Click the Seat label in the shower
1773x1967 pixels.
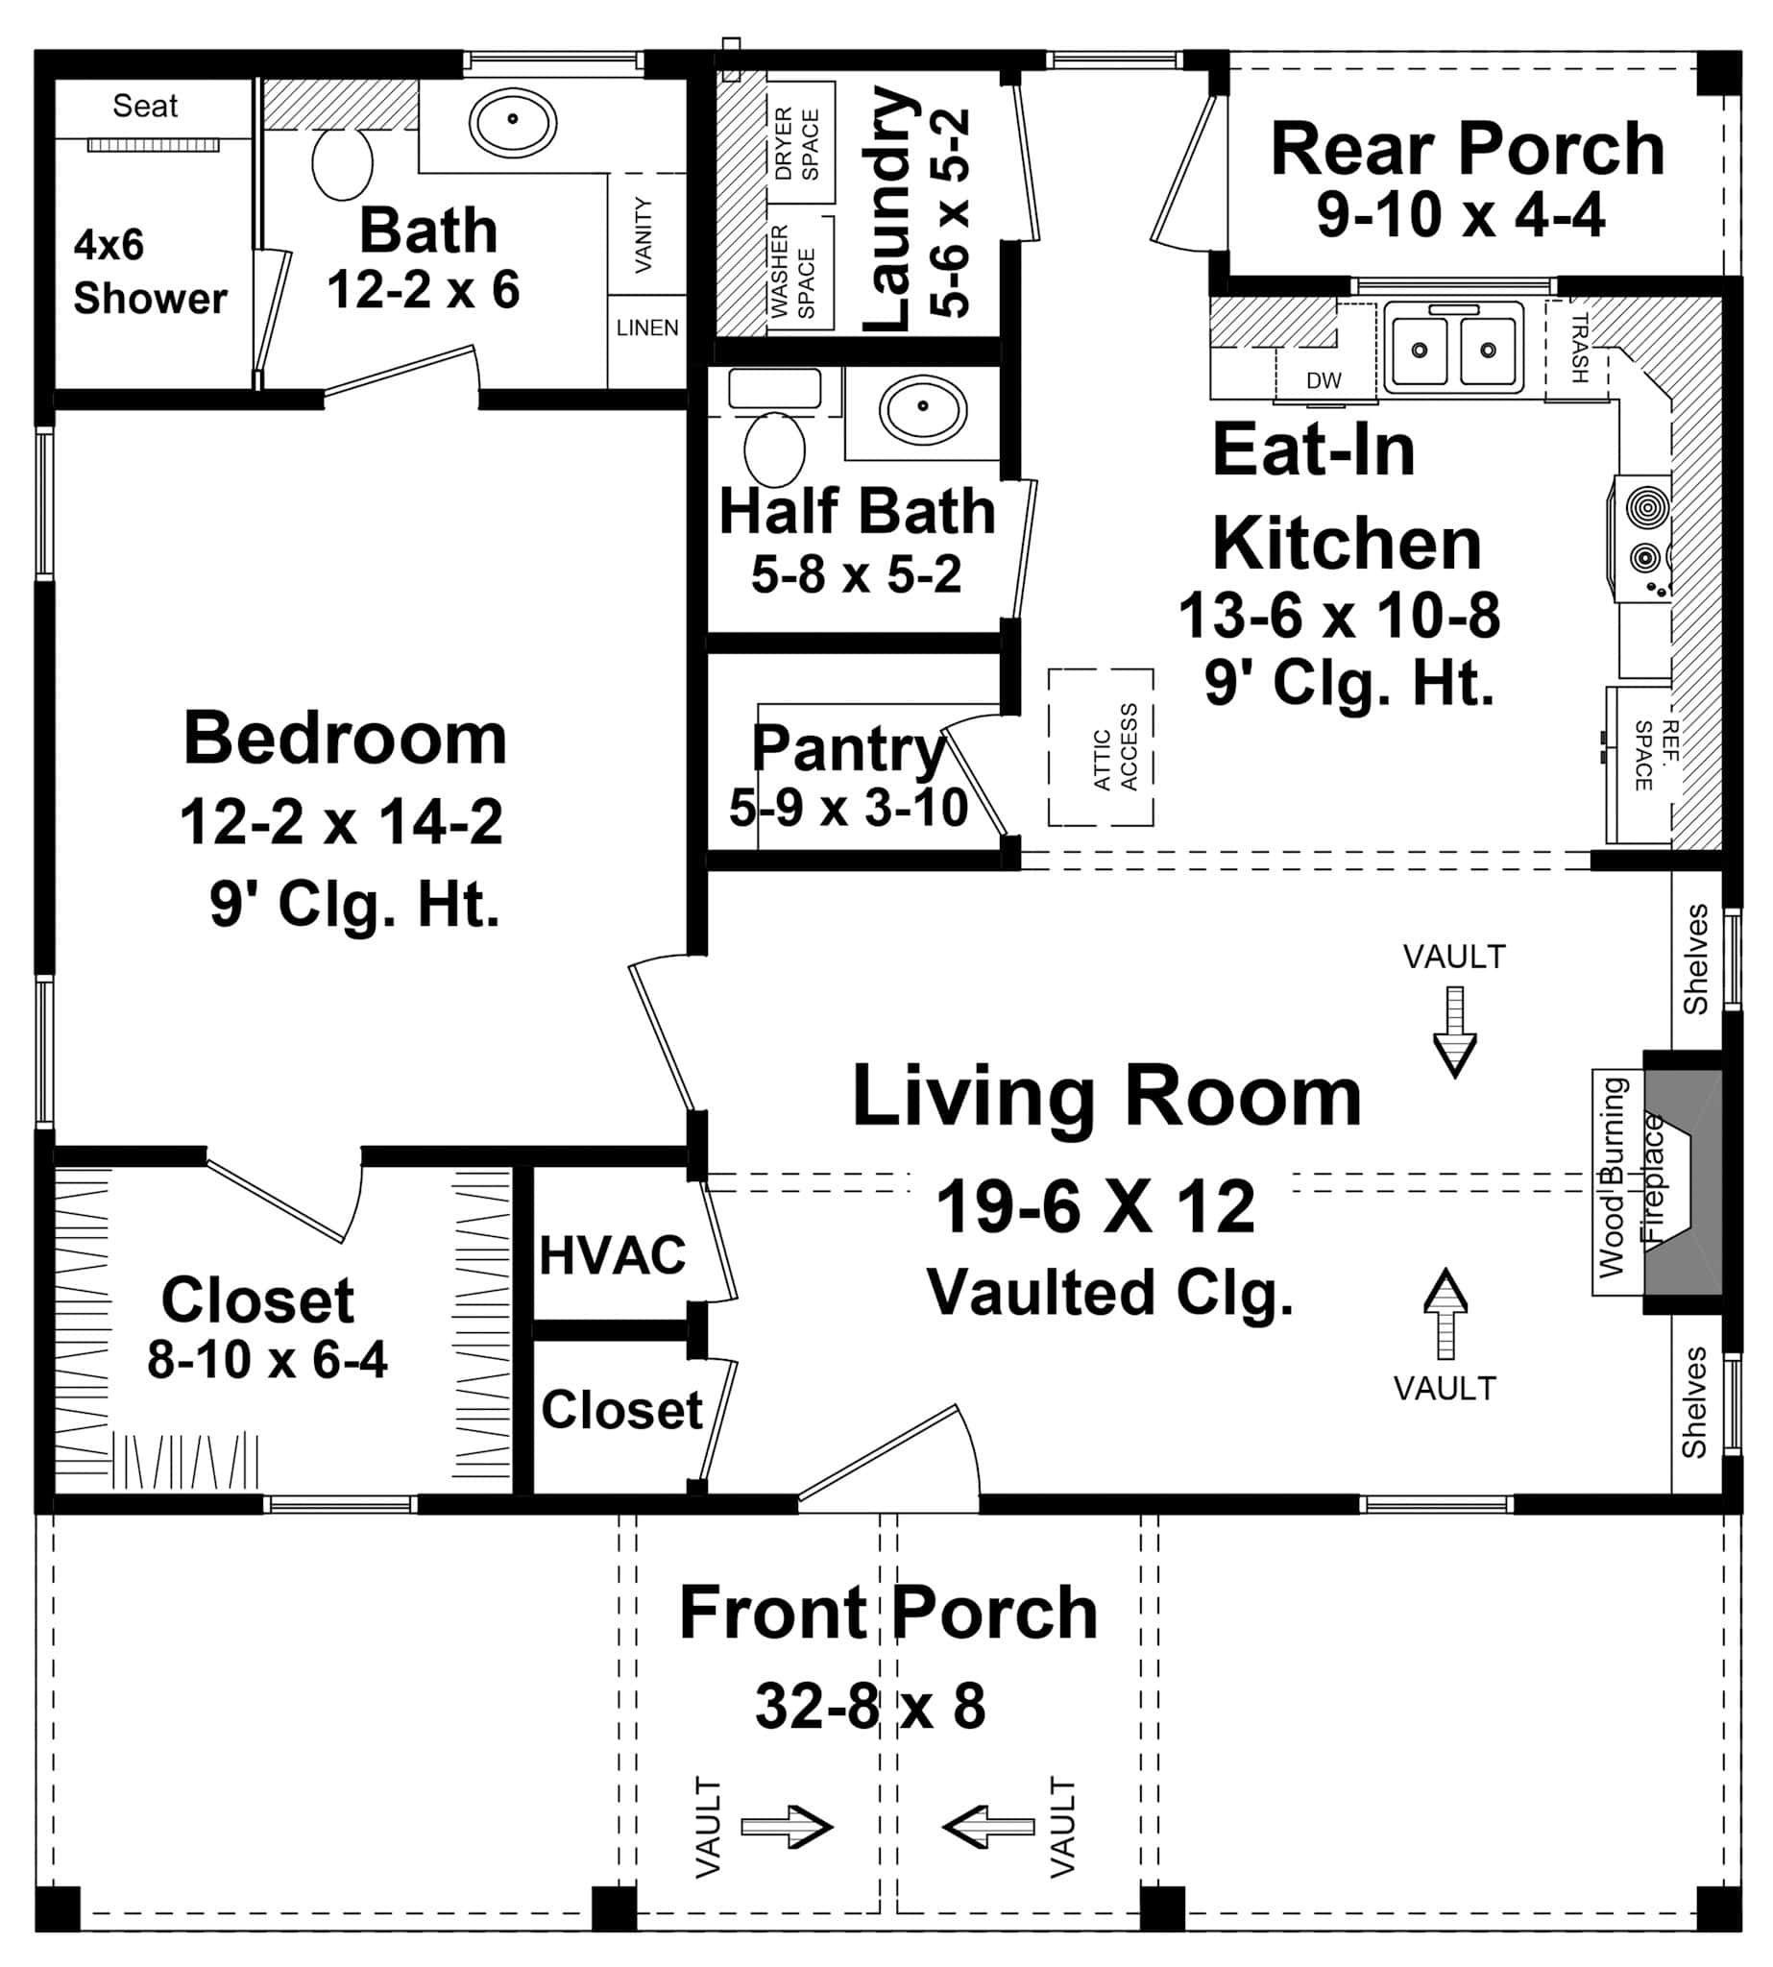145,106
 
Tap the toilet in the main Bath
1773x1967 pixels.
342,162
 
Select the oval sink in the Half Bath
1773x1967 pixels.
922,408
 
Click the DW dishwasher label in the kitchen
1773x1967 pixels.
1323,381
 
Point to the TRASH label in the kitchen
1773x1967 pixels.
1579,348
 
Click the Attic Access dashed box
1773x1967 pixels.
1101,747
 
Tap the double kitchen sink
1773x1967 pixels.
1452,348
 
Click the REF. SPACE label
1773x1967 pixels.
1656,755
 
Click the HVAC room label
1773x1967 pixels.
612,1255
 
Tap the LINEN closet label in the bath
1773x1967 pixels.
646,328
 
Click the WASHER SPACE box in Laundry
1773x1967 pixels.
793,272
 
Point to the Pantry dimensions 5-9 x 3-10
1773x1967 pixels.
848,808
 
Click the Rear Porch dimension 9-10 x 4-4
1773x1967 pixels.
1459,215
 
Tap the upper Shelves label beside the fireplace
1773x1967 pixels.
1695,959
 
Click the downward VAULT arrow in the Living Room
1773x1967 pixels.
1454,1032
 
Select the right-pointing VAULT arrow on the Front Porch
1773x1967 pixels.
788,1826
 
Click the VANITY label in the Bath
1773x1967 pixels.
643,233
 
